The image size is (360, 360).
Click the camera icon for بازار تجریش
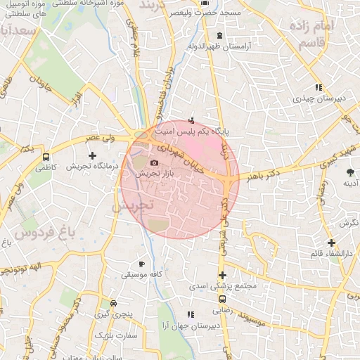tap(155, 163)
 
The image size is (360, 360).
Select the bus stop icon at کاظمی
tap(46, 157)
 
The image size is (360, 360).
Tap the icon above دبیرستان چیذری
tap(318, 88)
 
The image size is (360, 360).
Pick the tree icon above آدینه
tap(350, 172)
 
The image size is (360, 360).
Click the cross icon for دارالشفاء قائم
tap(331, 243)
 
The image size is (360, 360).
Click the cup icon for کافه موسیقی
tap(142, 264)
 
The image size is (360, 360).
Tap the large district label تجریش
tap(132, 205)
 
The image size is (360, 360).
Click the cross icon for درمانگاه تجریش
tap(91, 155)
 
